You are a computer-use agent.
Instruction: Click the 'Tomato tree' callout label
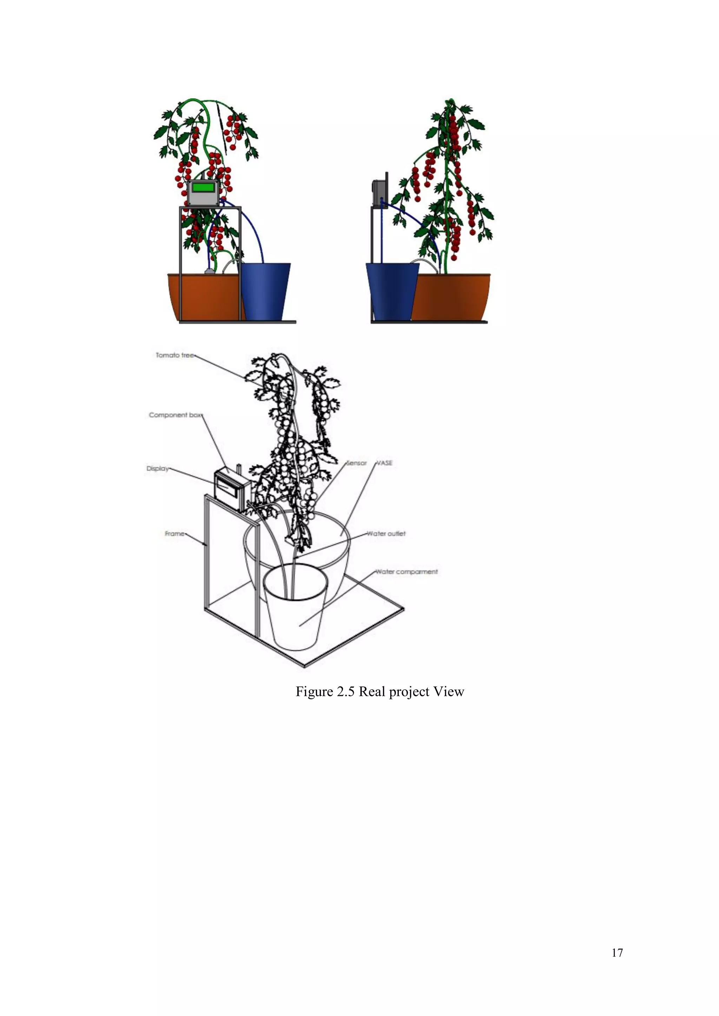[x=175, y=355]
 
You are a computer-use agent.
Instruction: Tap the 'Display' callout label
[x=158, y=468]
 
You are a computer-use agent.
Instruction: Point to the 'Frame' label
[x=174, y=534]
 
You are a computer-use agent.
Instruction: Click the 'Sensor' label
[x=357, y=463]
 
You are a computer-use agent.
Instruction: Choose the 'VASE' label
[x=384, y=463]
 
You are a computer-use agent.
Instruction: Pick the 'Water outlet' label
[x=386, y=534]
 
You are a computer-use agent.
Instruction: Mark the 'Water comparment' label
[x=407, y=572]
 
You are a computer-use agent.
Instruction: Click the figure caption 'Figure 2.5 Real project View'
[x=380, y=692]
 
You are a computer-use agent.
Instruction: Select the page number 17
[x=617, y=953]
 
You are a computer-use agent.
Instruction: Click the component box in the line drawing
[x=230, y=489]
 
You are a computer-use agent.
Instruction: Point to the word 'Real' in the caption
[x=371, y=692]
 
